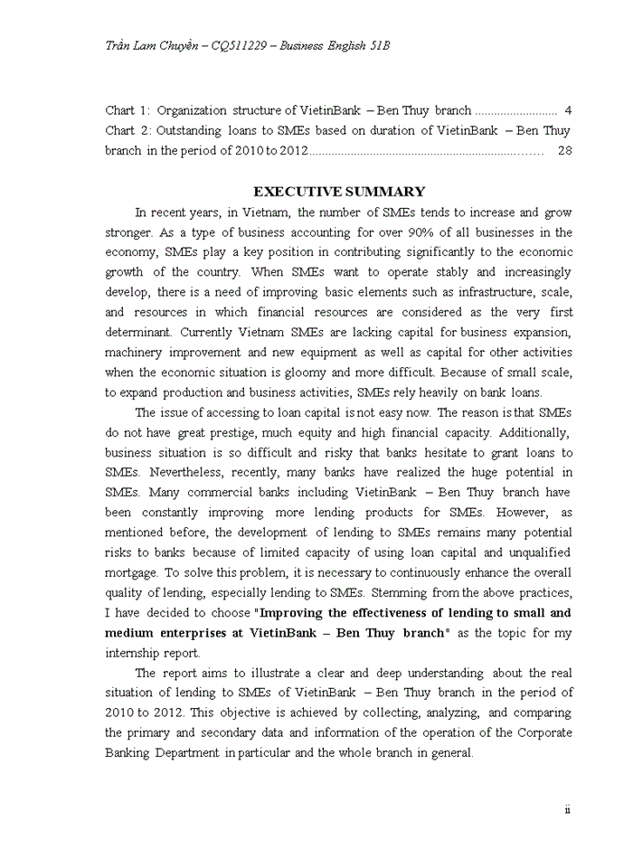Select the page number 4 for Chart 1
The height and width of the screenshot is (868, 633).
pos(567,110)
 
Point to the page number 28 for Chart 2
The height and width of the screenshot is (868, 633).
pos(565,150)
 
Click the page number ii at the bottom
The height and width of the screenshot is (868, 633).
pos(567,810)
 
